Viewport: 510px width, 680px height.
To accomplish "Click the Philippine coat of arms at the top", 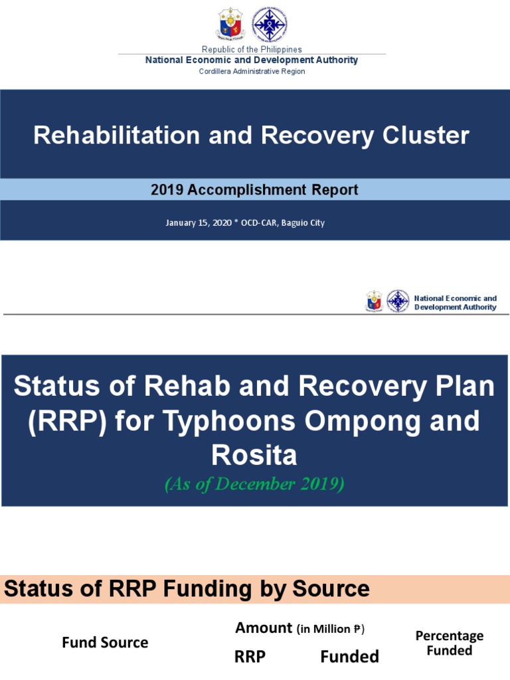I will point(230,25).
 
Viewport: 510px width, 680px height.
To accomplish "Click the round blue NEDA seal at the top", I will point(269,25).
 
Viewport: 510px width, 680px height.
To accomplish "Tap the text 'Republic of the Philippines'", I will point(252,50).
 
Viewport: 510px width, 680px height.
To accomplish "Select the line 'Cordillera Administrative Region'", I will point(252,71).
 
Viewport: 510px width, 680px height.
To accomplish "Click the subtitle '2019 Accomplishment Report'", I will point(254,190).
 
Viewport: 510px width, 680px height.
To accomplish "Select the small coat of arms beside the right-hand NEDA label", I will point(375,301).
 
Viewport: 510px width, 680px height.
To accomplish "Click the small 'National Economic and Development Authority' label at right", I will point(455,303).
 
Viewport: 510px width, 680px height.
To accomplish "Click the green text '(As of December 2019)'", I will point(254,484).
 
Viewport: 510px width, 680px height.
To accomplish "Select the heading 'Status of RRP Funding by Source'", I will point(187,588).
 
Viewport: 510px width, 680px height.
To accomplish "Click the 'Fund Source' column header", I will point(105,642).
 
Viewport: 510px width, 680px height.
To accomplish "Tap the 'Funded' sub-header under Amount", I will point(349,657).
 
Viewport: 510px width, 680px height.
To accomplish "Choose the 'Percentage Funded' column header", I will point(450,643).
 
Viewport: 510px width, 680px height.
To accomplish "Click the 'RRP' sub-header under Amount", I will point(250,657).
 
